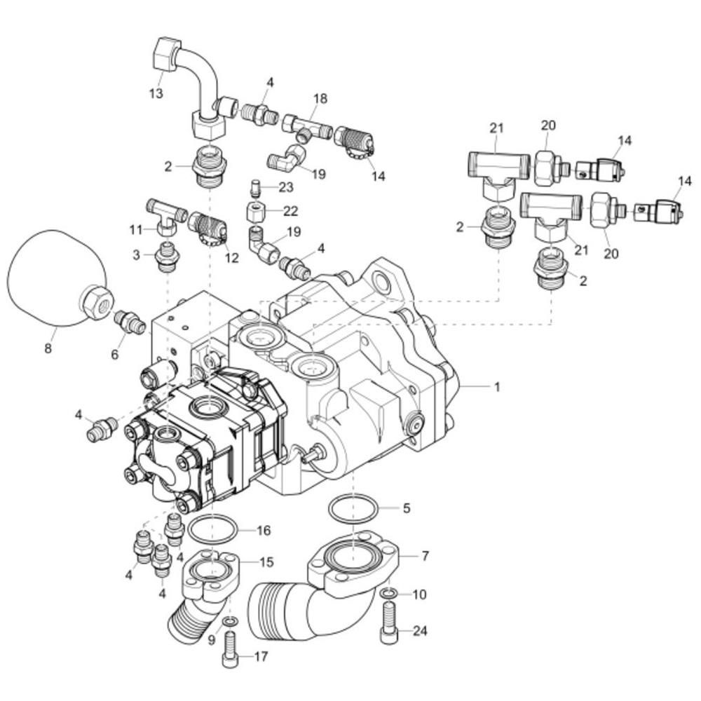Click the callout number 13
[156, 93]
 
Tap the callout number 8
[48, 348]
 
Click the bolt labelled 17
[230, 648]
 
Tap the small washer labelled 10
[388, 593]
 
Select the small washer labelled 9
[231, 621]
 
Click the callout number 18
[320, 98]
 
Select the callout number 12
[232, 257]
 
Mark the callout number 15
[266, 562]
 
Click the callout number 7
[426, 556]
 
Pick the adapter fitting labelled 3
[167, 258]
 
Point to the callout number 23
[286, 187]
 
